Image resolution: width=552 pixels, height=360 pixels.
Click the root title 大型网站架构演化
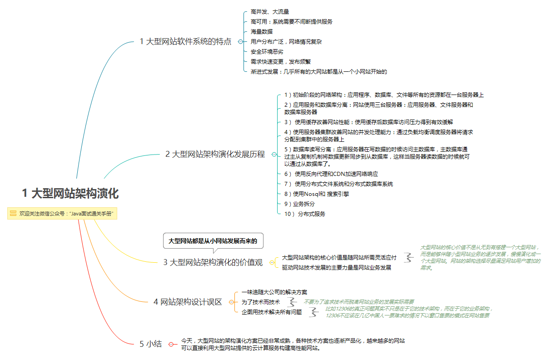click(x=70, y=193)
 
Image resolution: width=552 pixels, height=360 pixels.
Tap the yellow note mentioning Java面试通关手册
click(x=62, y=213)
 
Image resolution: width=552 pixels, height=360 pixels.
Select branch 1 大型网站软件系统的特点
click(x=185, y=42)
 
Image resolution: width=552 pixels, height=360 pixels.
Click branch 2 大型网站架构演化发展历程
click(x=215, y=154)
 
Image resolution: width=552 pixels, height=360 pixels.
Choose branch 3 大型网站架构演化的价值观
click(x=213, y=262)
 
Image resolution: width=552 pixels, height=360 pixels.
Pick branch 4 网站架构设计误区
click(x=188, y=302)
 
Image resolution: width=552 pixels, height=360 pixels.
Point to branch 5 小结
click(x=150, y=344)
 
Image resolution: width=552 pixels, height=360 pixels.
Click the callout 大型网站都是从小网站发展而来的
click(x=213, y=241)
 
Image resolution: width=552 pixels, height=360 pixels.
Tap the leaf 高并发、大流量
click(x=270, y=12)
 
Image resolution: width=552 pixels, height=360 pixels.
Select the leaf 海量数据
click(x=262, y=32)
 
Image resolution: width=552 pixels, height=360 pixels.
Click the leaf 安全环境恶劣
click(x=267, y=52)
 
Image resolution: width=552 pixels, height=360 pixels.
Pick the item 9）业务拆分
click(x=299, y=204)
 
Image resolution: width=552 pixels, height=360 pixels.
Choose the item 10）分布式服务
click(x=305, y=214)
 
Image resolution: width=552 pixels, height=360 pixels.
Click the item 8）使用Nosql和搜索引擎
click(x=317, y=194)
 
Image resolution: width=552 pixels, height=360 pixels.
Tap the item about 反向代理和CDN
click(x=331, y=174)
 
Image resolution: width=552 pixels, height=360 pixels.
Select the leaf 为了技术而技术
click(x=261, y=302)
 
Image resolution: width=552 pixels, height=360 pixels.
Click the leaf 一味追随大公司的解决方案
click(x=274, y=292)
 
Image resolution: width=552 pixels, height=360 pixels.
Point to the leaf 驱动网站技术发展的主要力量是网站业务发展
click(x=337, y=267)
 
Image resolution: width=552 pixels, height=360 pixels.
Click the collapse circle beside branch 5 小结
click(x=171, y=344)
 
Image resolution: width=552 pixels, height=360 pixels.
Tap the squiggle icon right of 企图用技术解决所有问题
click(x=313, y=312)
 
